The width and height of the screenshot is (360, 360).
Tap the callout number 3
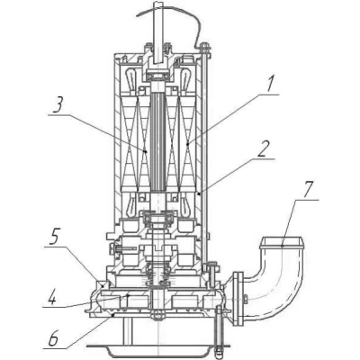pos(58,104)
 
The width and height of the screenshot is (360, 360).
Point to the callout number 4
pos(52,297)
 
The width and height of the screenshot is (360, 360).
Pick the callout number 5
pos(54,237)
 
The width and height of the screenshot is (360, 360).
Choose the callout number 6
pos(53,338)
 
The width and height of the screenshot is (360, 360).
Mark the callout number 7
pos(307,190)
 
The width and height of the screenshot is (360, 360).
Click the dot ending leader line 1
pos(188,144)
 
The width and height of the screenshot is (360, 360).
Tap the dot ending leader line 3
pos(146,151)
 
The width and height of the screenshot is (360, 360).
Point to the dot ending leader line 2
pos(199,193)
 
